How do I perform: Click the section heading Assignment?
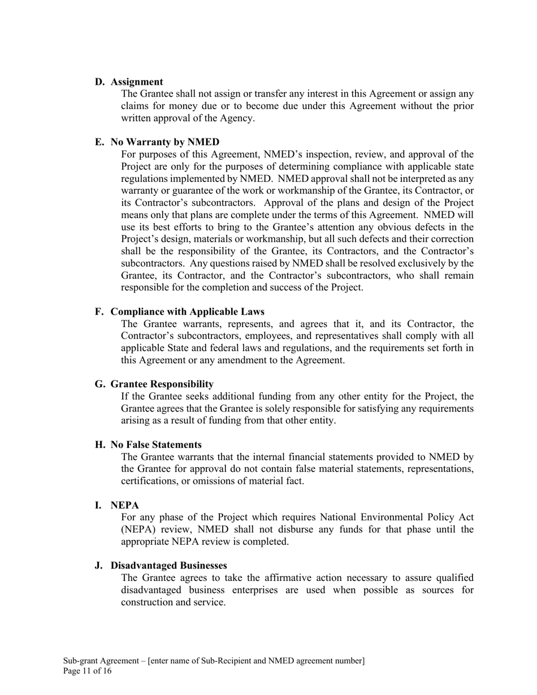coord(136,82)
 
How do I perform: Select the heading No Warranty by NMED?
coord(164,142)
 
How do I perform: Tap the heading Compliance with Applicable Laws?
coord(187,312)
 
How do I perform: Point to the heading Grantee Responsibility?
coord(162,384)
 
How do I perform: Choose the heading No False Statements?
coord(156,445)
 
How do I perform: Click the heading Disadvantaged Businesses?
coord(168,566)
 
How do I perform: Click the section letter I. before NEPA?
coord(98,505)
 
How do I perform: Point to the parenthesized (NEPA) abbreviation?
coord(140,529)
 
